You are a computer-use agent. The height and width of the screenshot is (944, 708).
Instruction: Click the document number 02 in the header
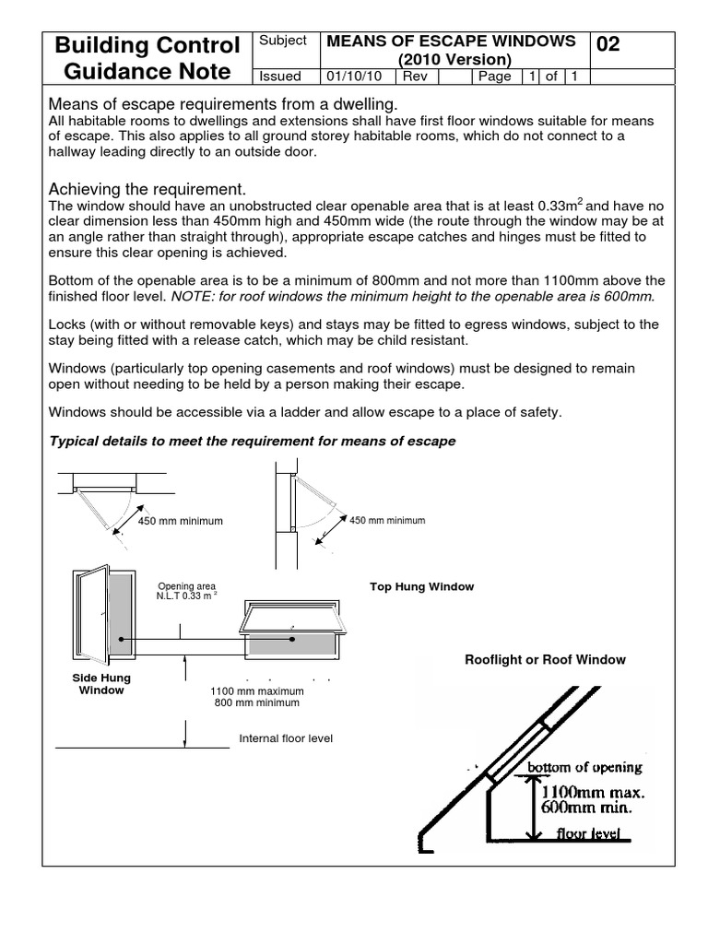(608, 45)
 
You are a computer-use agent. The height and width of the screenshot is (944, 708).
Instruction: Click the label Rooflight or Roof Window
(545, 659)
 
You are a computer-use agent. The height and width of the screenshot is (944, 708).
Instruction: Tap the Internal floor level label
(286, 738)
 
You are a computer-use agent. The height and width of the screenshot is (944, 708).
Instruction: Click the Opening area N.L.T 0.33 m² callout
(186, 591)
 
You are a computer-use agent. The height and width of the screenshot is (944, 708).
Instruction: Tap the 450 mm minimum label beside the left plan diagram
(181, 521)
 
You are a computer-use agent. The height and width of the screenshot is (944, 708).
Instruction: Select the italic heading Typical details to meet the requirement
(252, 441)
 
